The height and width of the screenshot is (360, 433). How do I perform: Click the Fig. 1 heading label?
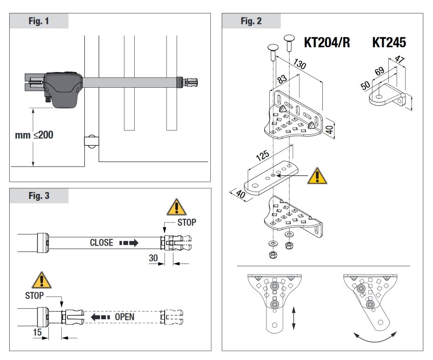(39, 21)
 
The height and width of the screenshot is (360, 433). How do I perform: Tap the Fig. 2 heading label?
(251, 21)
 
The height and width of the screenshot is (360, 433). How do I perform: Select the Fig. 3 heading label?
(39, 196)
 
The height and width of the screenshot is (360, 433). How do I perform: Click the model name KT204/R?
(326, 43)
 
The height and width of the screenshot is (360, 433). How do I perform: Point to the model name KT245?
(389, 43)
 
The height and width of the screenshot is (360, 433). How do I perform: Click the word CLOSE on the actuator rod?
(101, 243)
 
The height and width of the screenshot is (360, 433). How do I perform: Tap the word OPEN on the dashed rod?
(125, 317)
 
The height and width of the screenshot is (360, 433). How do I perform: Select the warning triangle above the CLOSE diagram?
(175, 209)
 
